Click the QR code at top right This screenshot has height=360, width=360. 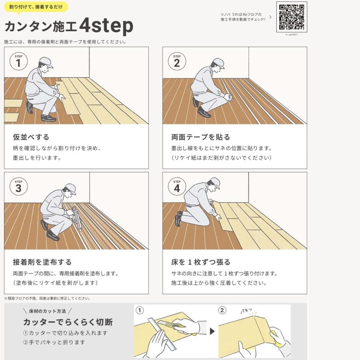click(x=292, y=17)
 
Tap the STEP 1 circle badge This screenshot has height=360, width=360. click(x=18, y=62)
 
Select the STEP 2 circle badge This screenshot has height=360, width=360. click(x=177, y=62)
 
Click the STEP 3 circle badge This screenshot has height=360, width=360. click(x=18, y=187)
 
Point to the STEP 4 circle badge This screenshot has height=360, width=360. click(x=177, y=187)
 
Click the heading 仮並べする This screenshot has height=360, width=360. click(x=31, y=137)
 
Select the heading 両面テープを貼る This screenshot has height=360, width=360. click(x=200, y=137)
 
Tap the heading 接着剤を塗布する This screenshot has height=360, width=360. click(x=42, y=262)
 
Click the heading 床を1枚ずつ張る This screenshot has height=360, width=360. click(x=200, y=262)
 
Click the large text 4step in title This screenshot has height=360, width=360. click(x=106, y=26)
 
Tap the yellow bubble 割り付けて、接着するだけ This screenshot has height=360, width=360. click(x=36, y=7)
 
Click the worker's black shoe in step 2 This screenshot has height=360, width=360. click(x=204, y=112)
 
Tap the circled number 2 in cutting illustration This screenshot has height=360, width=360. click(x=222, y=310)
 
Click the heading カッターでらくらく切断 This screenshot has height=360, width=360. click(x=68, y=322)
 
